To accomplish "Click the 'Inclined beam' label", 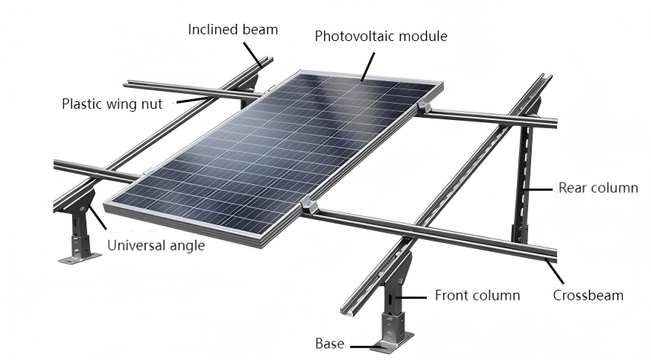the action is [x=232, y=30].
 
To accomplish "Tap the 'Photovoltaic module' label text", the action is [x=381, y=36].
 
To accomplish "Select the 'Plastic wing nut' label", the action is [x=112, y=104].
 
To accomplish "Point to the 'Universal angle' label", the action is [x=156, y=244].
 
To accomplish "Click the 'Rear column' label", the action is [x=598, y=188].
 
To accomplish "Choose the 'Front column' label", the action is [x=477, y=295].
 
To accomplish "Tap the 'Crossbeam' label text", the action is [x=588, y=295].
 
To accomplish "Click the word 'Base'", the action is [x=329, y=344].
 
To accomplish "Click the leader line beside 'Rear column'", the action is [x=540, y=189].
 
